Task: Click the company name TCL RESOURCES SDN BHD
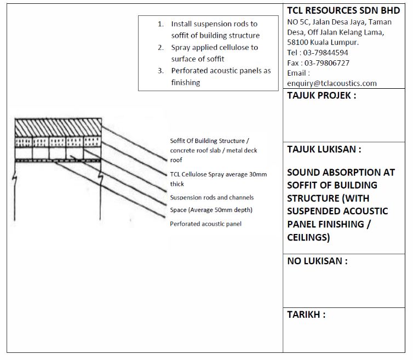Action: coord(343,11)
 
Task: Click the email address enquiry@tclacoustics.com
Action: coord(332,83)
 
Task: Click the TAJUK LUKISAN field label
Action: coord(324,149)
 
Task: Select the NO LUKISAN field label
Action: coord(317,261)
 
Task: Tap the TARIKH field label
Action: coord(306,315)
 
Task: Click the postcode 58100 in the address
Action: coord(299,42)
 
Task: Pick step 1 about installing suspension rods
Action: coord(214,30)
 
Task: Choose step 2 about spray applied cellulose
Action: coord(214,53)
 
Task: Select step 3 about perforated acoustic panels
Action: coord(214,77)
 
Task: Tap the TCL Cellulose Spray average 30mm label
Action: coord(218,179)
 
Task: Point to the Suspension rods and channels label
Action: coord(211,197)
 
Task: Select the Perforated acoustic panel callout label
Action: coord(205,224)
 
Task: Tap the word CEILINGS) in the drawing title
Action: coord(308,237)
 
